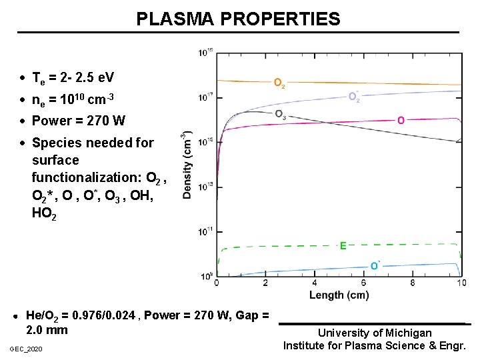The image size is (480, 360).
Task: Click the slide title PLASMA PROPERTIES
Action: pos(238,19)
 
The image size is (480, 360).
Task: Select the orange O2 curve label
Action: pos(280,83)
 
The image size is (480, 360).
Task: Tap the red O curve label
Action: pos(401,120)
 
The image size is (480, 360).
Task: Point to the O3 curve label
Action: pos(281,113)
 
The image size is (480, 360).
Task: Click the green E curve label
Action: pos(343,245)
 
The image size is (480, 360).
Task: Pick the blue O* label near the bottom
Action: pos(375,265)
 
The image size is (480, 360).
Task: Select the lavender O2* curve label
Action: pos(355,97)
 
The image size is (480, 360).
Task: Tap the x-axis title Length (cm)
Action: pos(339,295)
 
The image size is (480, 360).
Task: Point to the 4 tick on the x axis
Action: pos(314,283)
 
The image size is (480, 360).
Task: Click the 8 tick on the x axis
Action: pos(412,283)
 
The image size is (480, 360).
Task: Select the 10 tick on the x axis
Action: pos(461,283)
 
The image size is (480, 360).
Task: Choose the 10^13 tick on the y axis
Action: pos(205,186)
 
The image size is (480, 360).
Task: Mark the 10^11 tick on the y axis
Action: pos(205,231)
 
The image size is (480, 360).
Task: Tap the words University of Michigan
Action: pos(375,333)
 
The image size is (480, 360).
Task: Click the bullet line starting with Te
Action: pos(73,77)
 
